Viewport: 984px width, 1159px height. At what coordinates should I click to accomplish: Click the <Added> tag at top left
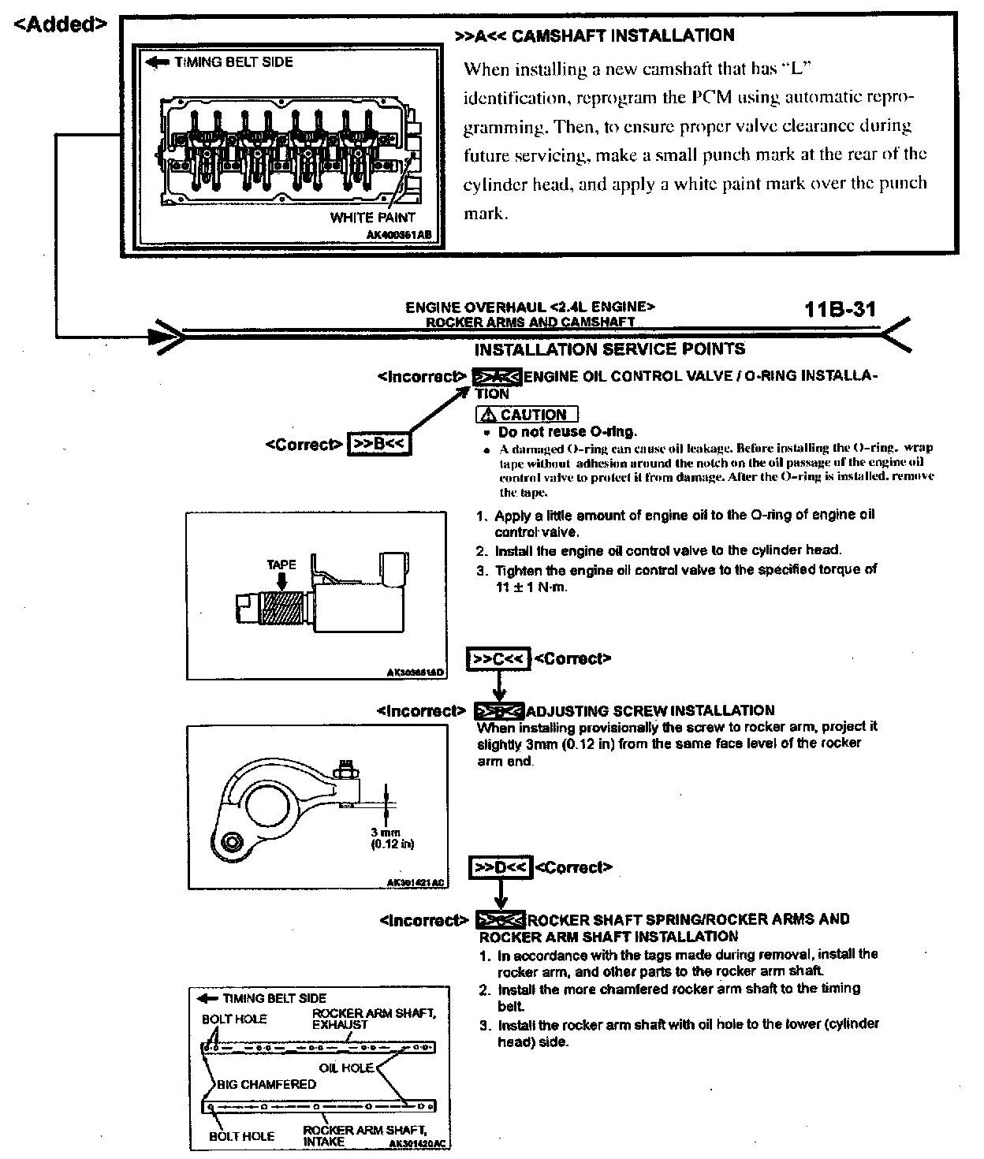click(x=61, y=24)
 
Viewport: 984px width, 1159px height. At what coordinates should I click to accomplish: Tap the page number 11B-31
click(x=840, y=308)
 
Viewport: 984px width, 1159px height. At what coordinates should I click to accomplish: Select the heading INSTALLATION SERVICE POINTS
click(x=609, y=348)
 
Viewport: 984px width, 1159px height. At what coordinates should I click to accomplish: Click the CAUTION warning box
click(x=527, y=415)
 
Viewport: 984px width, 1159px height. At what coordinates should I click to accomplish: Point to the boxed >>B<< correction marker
click(x=378, y=445)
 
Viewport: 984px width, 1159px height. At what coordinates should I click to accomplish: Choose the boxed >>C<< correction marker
click(x=498, y=659)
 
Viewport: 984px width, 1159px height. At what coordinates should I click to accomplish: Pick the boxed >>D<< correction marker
click(x=501, y=867)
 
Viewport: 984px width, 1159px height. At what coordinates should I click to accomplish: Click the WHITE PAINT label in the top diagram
click(x=372, y=218)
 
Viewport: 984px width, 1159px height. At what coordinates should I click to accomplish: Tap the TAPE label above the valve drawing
click(x=281, y=565)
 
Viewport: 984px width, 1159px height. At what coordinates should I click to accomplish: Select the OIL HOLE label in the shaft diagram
click(x=346, y=1068)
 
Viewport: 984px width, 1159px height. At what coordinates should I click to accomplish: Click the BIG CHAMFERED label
click(x=266, y=1084)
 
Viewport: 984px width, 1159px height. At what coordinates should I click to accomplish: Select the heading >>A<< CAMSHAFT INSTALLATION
click(x=594, y=35)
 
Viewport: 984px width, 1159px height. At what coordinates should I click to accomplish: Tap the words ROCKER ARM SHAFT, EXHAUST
click(x=374, y=1019)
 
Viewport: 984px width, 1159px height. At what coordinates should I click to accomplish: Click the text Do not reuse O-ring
click(x=567, y=432)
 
